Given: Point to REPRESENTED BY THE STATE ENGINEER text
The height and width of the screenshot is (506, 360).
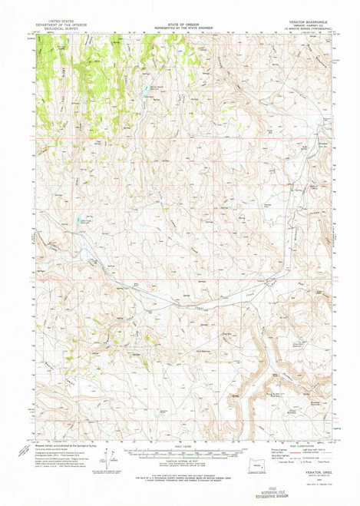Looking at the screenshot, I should (x=179, y=30).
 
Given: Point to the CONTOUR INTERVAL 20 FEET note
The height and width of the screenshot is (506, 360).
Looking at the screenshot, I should (x=179, y=461).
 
